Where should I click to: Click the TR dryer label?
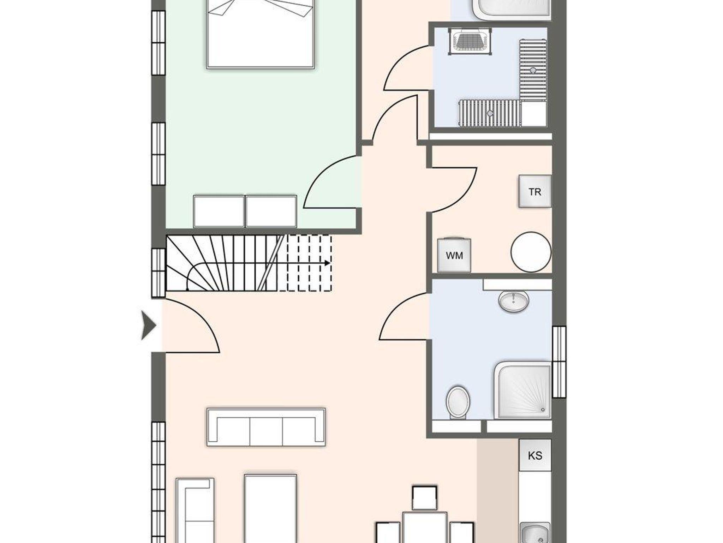[535, 192]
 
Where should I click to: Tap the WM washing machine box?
[454, 255]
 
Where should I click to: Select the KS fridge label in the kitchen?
[535, 455]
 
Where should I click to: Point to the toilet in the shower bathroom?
[458, 402]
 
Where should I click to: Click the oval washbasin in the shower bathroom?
[514, 301]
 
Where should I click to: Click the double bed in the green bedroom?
[260, 34]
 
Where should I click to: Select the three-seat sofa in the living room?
[266, 427]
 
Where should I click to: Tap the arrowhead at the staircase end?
[328, 263]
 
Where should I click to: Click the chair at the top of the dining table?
[425, 498]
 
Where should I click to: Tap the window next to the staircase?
[159, 273]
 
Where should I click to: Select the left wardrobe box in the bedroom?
[219, 211]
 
